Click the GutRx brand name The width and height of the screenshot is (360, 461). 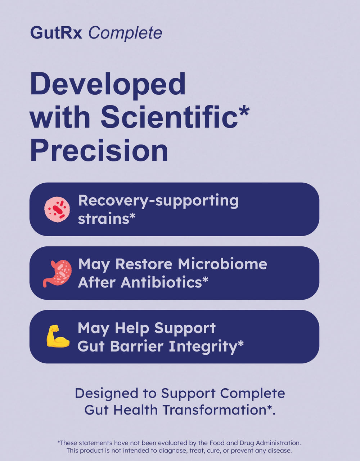(x=56, y=33)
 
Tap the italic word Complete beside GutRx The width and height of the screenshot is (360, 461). (x=125, y=33)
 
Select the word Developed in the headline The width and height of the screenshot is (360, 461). (x=108, y=84)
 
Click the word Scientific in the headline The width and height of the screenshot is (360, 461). (x=169, y=117)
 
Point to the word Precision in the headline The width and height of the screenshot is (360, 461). (x=99, y=151)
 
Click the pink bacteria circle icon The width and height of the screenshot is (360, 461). (x=57, y=209)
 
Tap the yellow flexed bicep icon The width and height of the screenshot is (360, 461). (x=58, y=336)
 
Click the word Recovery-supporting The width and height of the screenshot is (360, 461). (x=158, y=201)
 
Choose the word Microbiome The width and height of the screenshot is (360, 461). (x=222, y=264)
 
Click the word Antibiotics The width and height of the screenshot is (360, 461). (x=161, y=282)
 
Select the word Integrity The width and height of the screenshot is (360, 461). (x=203, y=346)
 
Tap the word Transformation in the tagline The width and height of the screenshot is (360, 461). (x=215, y=410)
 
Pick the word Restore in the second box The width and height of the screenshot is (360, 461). (x=144, y=264)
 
